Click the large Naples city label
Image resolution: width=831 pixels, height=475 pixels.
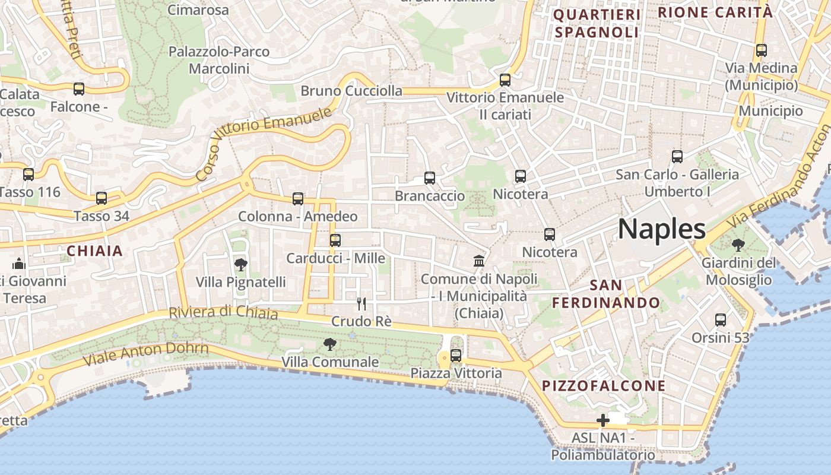point(662,229)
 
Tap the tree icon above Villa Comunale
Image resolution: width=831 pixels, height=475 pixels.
point(330,344)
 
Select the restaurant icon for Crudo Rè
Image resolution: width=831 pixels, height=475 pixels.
point(361,304)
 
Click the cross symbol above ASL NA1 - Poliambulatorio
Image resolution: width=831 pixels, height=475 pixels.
point(603,420)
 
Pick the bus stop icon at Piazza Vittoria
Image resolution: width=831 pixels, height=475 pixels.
point(456,356)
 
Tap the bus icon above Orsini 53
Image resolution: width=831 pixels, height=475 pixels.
point(721,320)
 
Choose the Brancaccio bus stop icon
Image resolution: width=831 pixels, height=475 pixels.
point(430,178)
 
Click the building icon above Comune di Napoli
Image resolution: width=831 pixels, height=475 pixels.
point(478,261)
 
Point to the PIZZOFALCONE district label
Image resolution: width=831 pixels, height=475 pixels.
point(604,386)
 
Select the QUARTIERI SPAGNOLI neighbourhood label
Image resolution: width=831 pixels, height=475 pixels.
point(597,23)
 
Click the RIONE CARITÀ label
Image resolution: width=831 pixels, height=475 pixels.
point(715,12)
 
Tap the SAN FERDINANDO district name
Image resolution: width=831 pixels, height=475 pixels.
point(606,294)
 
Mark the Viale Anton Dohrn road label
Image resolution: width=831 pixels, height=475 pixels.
point(146,353)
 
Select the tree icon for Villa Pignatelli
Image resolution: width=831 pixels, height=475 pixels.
point(241,264)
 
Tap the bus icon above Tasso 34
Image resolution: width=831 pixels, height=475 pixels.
point(102,198)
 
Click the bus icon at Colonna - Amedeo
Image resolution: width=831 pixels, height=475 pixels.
point(298,199)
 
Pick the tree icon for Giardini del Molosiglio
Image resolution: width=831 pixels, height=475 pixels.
point(738,245)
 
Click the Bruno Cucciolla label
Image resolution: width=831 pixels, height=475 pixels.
point(351,91)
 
